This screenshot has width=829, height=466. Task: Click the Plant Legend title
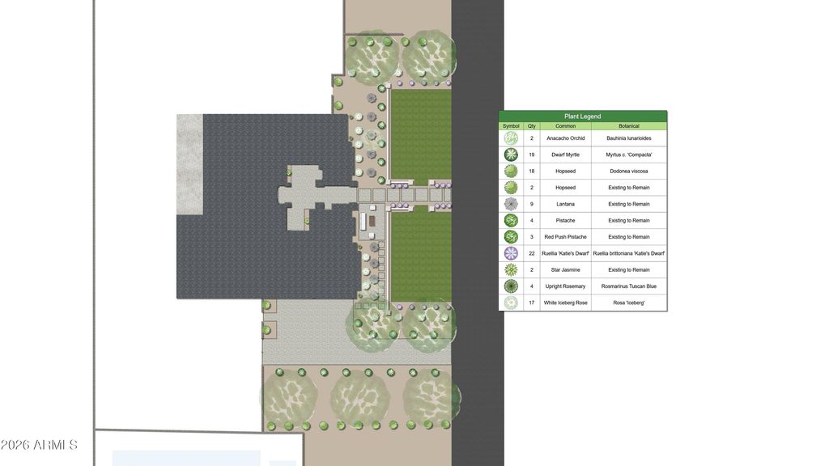[x=582, y=116]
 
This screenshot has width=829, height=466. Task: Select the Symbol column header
[x=511, y=126]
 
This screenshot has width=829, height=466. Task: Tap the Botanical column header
[x=628, y=126]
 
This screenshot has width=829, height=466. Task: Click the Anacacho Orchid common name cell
[x=565, y=138]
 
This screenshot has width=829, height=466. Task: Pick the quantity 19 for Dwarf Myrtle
[x=531, y=155]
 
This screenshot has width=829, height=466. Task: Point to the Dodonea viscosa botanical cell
[x=628, y=172]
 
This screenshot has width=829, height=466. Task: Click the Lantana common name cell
[x=565, y=204]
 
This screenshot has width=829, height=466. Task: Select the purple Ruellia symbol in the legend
[x=511, y=253]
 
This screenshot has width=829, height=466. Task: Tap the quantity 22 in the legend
[x=531, y=253]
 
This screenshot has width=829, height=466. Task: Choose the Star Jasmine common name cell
[x=565, y=270]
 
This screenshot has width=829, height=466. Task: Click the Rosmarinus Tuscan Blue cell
[x=628, y=286]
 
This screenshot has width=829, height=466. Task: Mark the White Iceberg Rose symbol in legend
[x=511, y=303]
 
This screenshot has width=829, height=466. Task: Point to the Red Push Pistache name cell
[x=565, y=237]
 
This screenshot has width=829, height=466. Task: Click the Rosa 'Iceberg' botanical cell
[x=628, y=303]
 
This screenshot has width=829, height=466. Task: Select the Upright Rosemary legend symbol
[x=511, y=286]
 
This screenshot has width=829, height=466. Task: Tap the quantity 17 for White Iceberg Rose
[x=531, y=303]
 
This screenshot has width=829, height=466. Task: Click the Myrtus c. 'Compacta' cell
[x=628, y=155]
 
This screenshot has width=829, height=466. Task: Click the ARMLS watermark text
[x=39, y=446]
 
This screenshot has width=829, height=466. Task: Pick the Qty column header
[x=531, y=126]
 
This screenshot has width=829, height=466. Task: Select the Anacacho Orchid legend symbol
[x=511, y=138]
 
